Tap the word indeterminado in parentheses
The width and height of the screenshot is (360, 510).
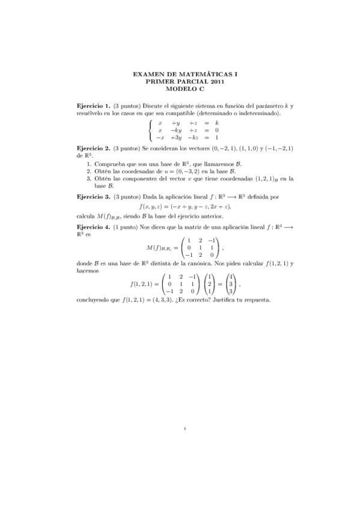tap(261, 112)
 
